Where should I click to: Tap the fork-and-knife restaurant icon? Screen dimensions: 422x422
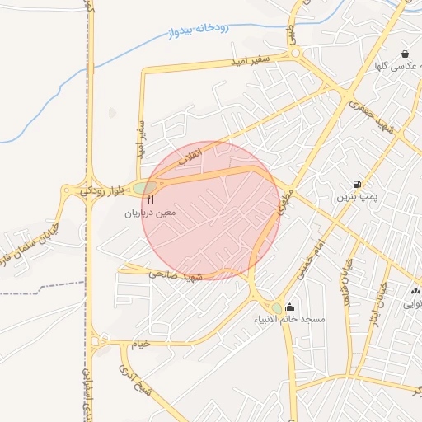point(151,199)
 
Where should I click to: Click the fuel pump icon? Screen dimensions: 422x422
point(357,183)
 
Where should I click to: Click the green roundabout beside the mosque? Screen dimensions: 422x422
point(275,308)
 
